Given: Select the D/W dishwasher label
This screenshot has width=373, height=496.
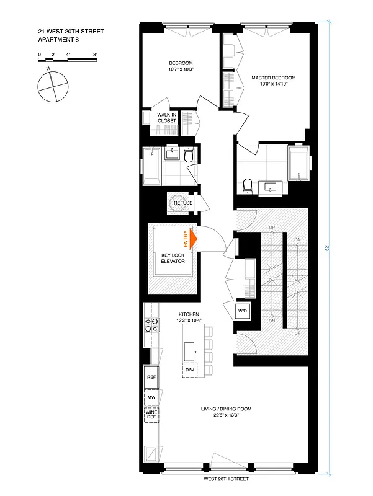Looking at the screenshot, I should [x=190, y=371].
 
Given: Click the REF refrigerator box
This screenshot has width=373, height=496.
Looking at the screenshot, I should [x=151, y=377].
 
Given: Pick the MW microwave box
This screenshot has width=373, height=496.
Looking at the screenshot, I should [x=151, y=397].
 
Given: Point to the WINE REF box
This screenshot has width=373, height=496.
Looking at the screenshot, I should [x=151, y=414].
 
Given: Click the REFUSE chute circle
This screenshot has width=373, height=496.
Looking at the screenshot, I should [x=182, y=203].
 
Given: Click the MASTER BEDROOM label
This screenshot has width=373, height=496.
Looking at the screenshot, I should [x=273, y=78].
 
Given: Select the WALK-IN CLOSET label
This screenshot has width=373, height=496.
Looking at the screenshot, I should [x=166, y=117].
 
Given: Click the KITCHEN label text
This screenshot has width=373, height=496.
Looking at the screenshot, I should [x=189, y=314].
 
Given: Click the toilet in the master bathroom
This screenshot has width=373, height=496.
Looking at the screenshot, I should [x=247, y=185].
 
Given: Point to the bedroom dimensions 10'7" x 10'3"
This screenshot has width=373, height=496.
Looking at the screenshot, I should [x=181, y=69].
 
